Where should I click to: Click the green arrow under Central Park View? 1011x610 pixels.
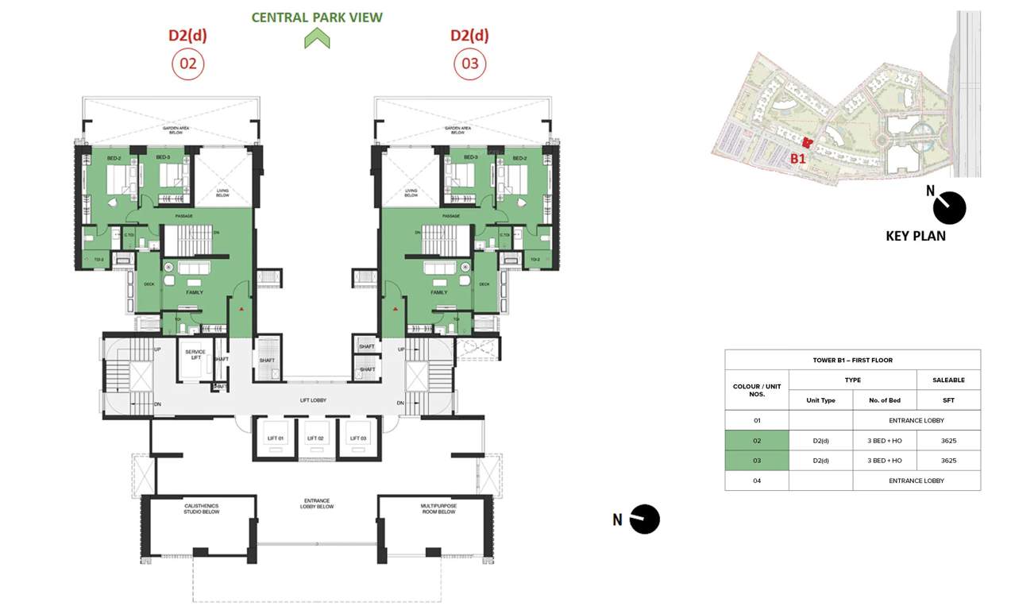tap(317, 38)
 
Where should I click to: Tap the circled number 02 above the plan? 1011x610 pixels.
tap(188, 64)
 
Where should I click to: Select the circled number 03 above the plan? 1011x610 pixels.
tap(470, 64)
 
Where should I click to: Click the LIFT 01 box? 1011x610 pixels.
tap(275, 438)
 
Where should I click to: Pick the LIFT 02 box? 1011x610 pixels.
tap(316, 438)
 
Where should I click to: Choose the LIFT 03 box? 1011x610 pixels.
tap(358, 438)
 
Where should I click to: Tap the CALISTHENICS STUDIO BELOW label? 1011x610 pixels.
tap(202, 508)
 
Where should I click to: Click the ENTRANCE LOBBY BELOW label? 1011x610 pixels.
tap(317, 504)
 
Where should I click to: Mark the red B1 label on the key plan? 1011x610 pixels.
tap(797, 158)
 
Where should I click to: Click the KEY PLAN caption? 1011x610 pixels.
tap(916, 236)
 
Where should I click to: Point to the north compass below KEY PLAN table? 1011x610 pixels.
tap(644, 519)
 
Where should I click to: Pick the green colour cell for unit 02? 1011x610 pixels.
tap(756, 440)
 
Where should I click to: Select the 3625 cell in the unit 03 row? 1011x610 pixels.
tap(948, 461)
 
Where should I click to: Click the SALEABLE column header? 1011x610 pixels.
tap(948, 380)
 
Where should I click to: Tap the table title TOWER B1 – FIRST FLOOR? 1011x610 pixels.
tap(852, 360)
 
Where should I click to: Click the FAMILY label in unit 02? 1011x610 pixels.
tap(195, 292)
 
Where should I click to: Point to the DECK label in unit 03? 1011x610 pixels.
tap(484, 284)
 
